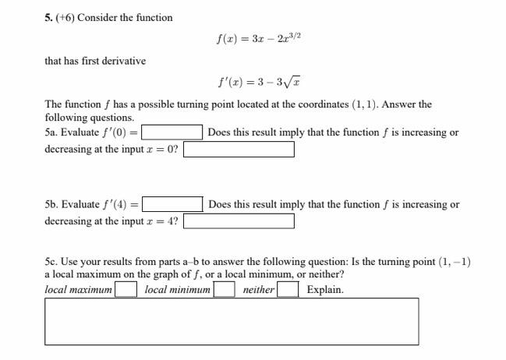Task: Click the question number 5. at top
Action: coord(50,17)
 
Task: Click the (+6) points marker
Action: coord(65,17)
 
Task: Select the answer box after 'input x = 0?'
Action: coord(239,149)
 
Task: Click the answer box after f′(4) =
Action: coord(172,205)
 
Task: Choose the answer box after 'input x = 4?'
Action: coord(239,221)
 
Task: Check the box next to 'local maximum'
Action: coord(126,290)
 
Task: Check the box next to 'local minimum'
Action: coord(225,290)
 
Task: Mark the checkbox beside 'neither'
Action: coord(288,290)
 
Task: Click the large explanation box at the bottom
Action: coord(231,321)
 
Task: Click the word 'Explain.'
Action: coord(325,290)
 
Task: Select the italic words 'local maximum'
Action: coord(79,290)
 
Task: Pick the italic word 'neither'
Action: coord(258,290)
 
